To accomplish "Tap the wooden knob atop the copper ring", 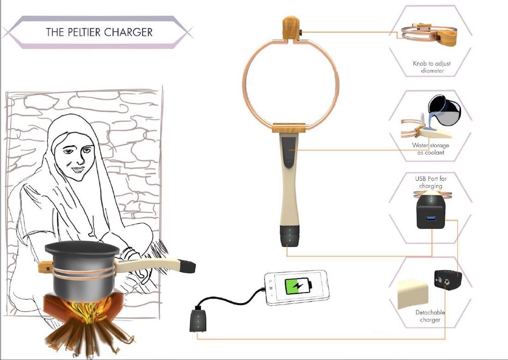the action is tap(290, 28).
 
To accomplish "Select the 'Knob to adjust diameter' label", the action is tap(432, 67).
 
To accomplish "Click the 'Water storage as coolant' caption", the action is tap(430, 149).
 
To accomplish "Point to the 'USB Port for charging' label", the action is tap(431, 182).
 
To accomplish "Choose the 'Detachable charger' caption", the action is tap(430, 316).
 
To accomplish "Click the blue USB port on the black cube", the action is tap(430, 218).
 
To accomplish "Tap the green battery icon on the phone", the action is tap(298, 287).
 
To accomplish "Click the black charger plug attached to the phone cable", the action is tap(198, 320).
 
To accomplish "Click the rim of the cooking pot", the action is tap(82, 248).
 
